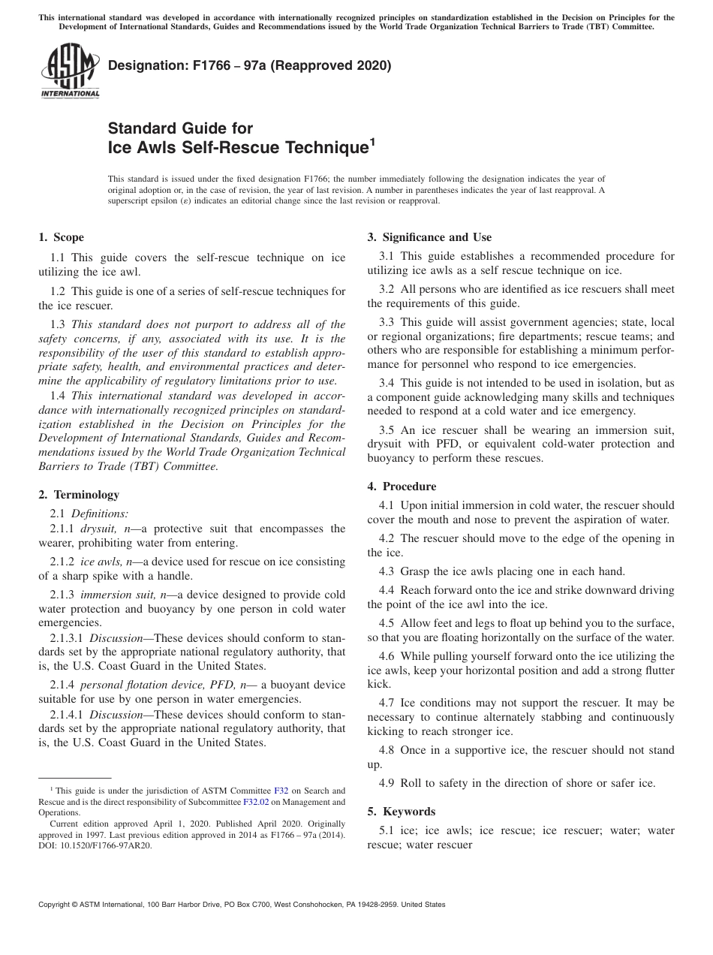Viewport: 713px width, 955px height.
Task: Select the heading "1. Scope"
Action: point(61,237)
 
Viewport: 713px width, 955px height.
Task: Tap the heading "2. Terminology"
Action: point(78,495)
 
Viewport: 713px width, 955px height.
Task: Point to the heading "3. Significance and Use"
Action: point(429,237)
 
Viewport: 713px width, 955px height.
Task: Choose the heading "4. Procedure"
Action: point(402,487)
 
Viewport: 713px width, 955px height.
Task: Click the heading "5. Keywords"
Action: point(401,812)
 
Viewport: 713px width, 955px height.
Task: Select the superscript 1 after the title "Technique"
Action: point(371,141)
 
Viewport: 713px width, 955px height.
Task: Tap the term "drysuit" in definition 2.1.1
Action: point(98,529)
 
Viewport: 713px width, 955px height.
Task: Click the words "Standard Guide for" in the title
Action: point(180,128)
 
